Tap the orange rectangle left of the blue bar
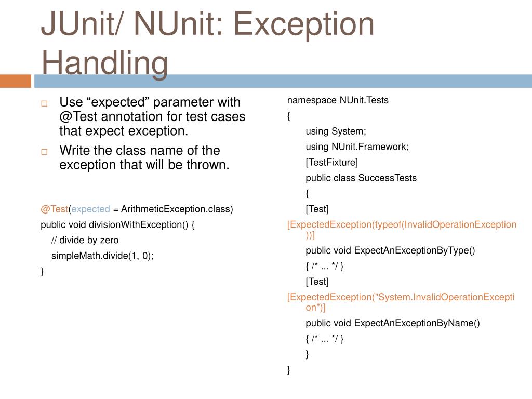(x=16, y=81)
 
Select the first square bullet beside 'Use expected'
(x=44, y=103)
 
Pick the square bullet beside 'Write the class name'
(x=44, y=152)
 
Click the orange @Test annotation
(x=55, y=209)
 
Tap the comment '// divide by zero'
(x=85, y=241)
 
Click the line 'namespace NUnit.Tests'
(x=338, y=100)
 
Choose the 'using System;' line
(x=336, y=131)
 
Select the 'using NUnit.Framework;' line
(x=357, y=147)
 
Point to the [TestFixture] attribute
(x=332, y=163)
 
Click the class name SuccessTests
(x=388, y=178)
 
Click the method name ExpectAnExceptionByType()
(x=415, y=251)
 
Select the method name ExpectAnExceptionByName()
(x=417, y=324)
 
